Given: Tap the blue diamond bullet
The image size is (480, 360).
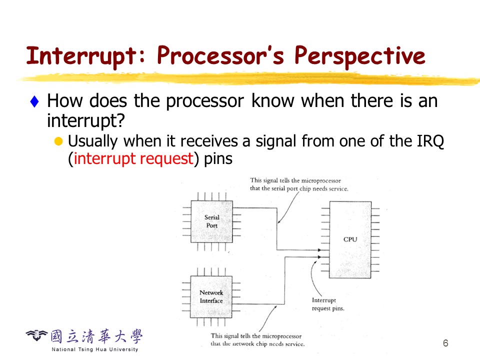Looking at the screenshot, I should [x=34, y=102].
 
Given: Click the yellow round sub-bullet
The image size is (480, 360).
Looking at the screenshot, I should [x=58, y=141].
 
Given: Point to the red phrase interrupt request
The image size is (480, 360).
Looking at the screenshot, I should [x=133, y=159].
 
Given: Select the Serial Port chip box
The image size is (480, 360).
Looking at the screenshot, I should [x=211, y=221].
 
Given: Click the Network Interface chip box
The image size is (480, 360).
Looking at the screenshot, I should [x=211, y=296].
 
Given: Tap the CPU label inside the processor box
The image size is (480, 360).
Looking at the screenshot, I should [x=350, y=239].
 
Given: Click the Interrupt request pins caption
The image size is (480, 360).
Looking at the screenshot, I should [x=328, y=304].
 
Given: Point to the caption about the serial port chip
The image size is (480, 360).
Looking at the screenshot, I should [x=299, y=184].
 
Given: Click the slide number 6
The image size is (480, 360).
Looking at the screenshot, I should [x=445, y=343].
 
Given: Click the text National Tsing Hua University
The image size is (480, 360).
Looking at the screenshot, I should [x=94, y=349].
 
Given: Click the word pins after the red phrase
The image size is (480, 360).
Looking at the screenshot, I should [x=218, y=159].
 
